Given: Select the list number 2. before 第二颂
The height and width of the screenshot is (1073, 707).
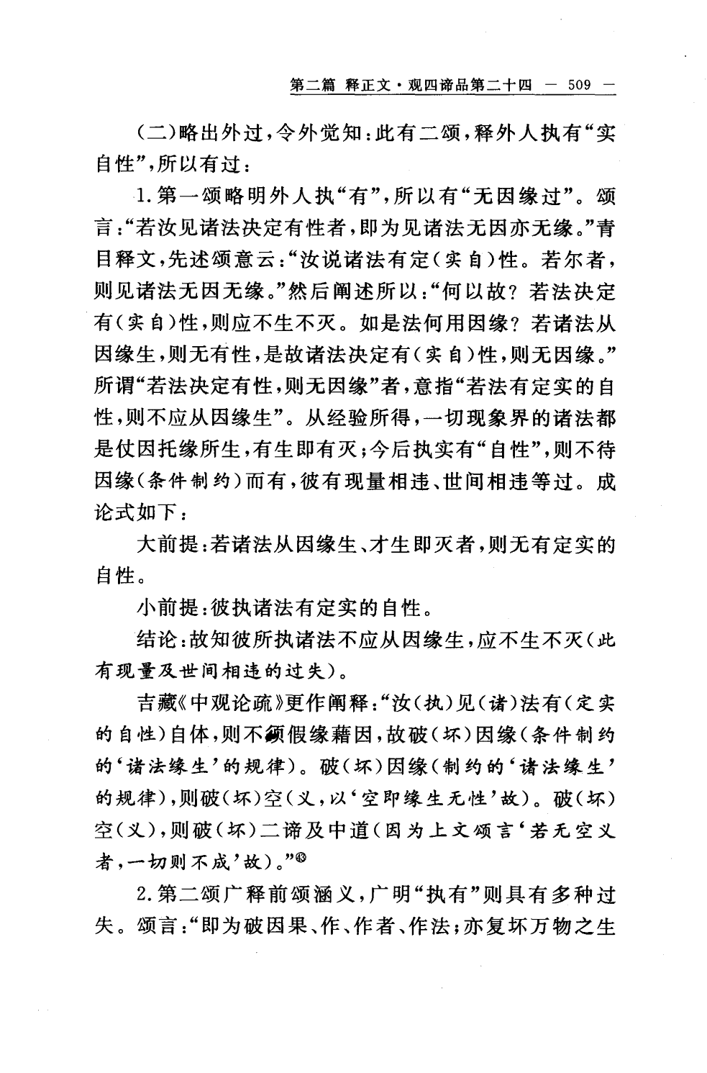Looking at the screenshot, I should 145,896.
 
